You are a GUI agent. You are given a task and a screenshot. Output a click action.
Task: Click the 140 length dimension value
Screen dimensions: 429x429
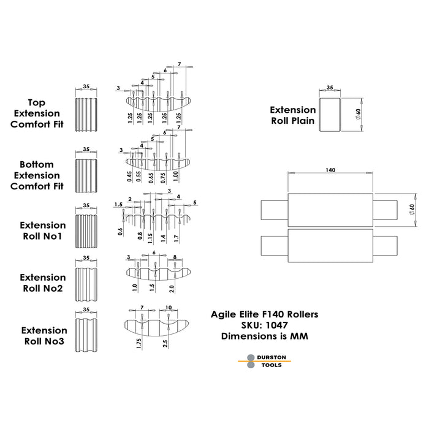click(x=330, y=170)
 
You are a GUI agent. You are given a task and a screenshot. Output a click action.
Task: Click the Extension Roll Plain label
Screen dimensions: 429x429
click(x=293, y=115)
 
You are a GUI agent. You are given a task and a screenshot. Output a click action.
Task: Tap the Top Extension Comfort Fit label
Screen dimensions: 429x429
click(x=37, y=113)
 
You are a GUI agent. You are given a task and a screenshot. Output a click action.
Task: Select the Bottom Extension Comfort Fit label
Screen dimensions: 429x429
click(x=37, y=175)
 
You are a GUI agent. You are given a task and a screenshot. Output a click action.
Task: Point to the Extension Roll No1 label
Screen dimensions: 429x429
click(x=43, y=230)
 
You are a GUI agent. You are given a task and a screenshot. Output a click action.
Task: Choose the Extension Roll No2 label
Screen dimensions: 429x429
click(x=43, y=283)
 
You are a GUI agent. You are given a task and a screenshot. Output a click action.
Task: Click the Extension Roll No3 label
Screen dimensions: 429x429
click(x=44, y=336)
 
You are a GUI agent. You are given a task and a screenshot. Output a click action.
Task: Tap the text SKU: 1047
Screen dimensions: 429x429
click(x=264, y=325)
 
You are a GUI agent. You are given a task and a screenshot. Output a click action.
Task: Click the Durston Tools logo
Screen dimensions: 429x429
click(x=264, y=361)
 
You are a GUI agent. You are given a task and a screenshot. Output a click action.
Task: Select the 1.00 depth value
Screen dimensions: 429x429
click(x=176, y=177)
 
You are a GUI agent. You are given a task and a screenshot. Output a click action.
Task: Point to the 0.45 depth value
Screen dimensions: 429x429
click(x=130, y=177)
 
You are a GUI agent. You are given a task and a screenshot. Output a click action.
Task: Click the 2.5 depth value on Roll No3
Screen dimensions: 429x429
click(x=165, y=344)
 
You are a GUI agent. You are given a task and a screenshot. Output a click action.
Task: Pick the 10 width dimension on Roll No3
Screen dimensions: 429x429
click(x=169, y=308)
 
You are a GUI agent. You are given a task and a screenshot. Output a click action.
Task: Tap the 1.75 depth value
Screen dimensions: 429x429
click(x=139, y=344)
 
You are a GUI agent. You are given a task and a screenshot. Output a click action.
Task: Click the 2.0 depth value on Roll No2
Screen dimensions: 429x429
click(x=172, y=289)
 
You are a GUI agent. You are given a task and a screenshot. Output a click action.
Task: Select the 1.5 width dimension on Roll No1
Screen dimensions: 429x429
click(x=118, y=204)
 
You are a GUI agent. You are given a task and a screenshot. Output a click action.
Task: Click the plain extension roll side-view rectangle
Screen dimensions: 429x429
click(x=330, y=115)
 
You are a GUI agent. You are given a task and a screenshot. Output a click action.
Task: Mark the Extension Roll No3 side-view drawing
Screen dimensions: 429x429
click(x=86, y=335)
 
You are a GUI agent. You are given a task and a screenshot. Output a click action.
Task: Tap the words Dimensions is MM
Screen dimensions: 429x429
click(x=265, y=336)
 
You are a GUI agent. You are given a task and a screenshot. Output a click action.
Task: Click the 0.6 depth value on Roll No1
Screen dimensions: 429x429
click(x=120, y=232)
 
